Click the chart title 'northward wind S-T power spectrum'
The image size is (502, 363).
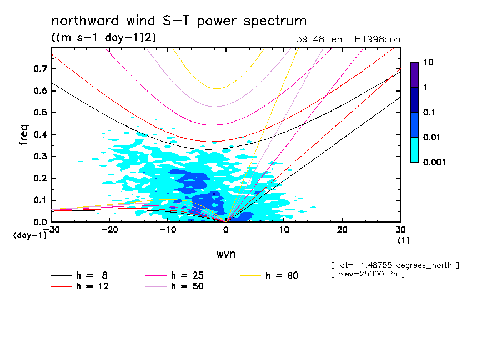click(x=179, y=21)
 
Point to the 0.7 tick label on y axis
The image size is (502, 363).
click(x=39, y=69)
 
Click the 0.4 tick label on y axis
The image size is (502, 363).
click(x=39, y=135)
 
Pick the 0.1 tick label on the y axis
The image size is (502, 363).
click(x=39, y=200)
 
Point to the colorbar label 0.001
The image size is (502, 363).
click(x=435, y=162)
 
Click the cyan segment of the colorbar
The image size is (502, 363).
click(x=414, y=149)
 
